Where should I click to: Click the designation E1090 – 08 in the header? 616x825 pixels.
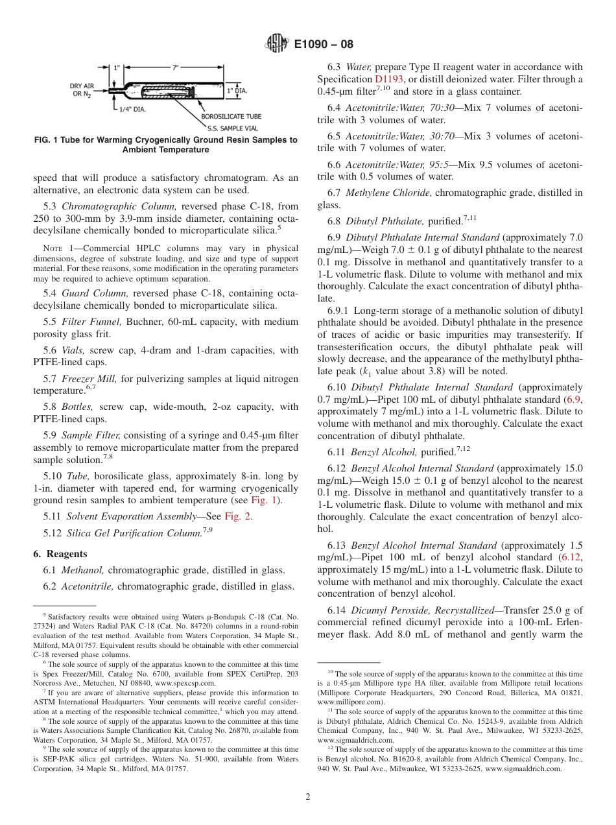(x=324, y=45)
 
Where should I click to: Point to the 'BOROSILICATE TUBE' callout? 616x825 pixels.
(x=231, y=116)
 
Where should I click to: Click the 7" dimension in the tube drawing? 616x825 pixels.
(x=175, y=67)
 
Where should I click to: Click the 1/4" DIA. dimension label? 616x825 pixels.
(x=132, y=109)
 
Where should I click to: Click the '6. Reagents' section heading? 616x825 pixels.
(x=60, y=554)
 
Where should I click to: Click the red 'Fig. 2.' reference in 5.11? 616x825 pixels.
(x=238, y=516)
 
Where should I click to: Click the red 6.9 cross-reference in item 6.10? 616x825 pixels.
(x=573, y=400)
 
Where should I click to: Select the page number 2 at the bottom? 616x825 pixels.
(x=308, y=797)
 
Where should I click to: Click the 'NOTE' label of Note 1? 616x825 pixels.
(x=53, y=248)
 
